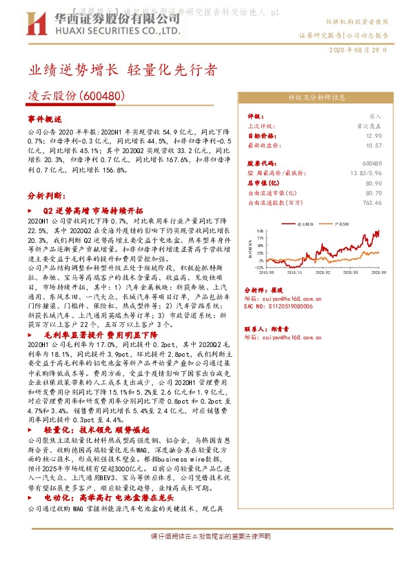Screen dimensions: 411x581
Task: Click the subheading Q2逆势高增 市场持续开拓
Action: [x=92, y=210]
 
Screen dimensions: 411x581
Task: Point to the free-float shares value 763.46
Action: [x=372, y=203]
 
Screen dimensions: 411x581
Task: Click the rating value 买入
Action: [x=374, y=117]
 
